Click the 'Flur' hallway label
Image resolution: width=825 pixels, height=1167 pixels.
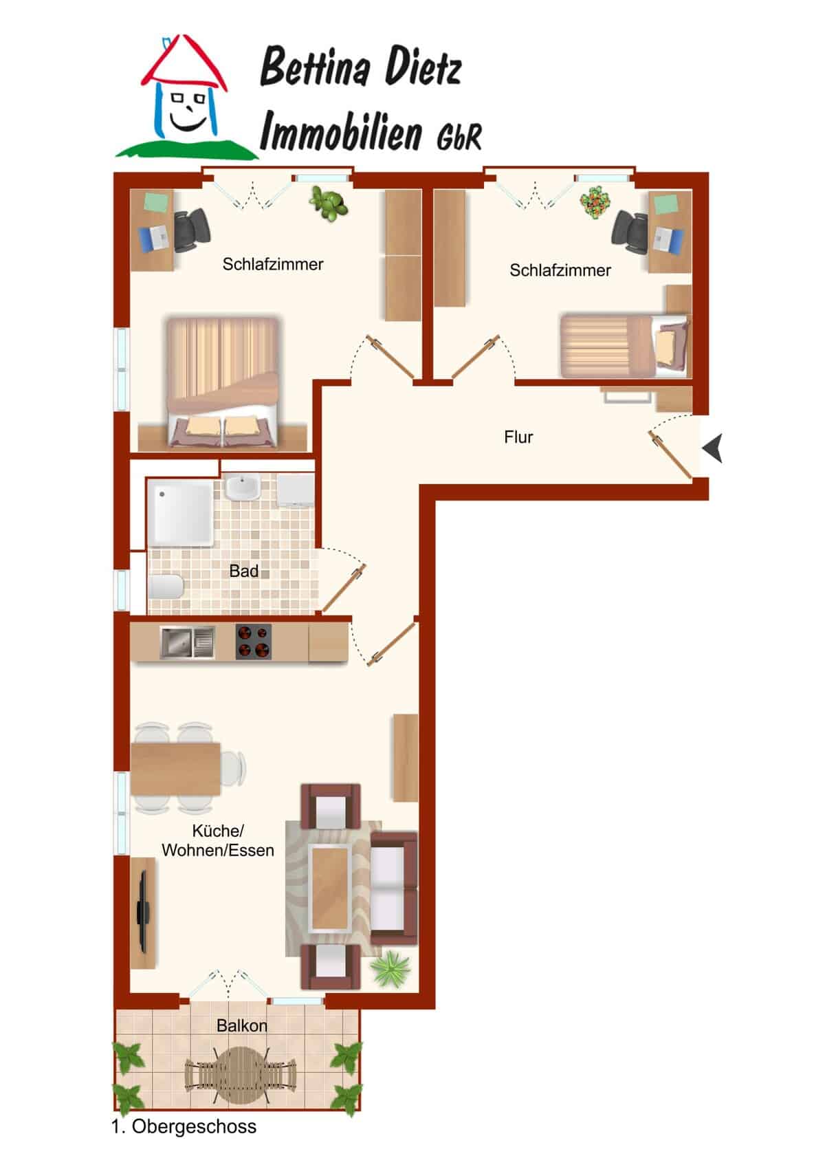[518, 437]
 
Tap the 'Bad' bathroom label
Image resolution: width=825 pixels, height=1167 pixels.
[244, 571]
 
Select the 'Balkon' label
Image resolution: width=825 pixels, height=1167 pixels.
[242, 1026]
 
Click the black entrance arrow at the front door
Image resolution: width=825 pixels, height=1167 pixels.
[712, 448]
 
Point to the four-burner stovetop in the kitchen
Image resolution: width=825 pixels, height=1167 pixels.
[253, 642]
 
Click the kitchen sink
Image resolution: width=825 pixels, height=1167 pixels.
[187, 642]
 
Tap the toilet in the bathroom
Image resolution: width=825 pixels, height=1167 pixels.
[166, 587]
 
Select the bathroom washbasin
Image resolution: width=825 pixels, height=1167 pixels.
[242, 487]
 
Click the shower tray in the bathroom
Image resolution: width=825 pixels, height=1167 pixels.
[180, 513]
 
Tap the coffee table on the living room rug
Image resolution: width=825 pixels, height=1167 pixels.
[329, 888]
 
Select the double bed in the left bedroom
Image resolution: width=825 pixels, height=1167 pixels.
[222, 382]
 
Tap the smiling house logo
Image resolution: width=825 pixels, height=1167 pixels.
[186, 96]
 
